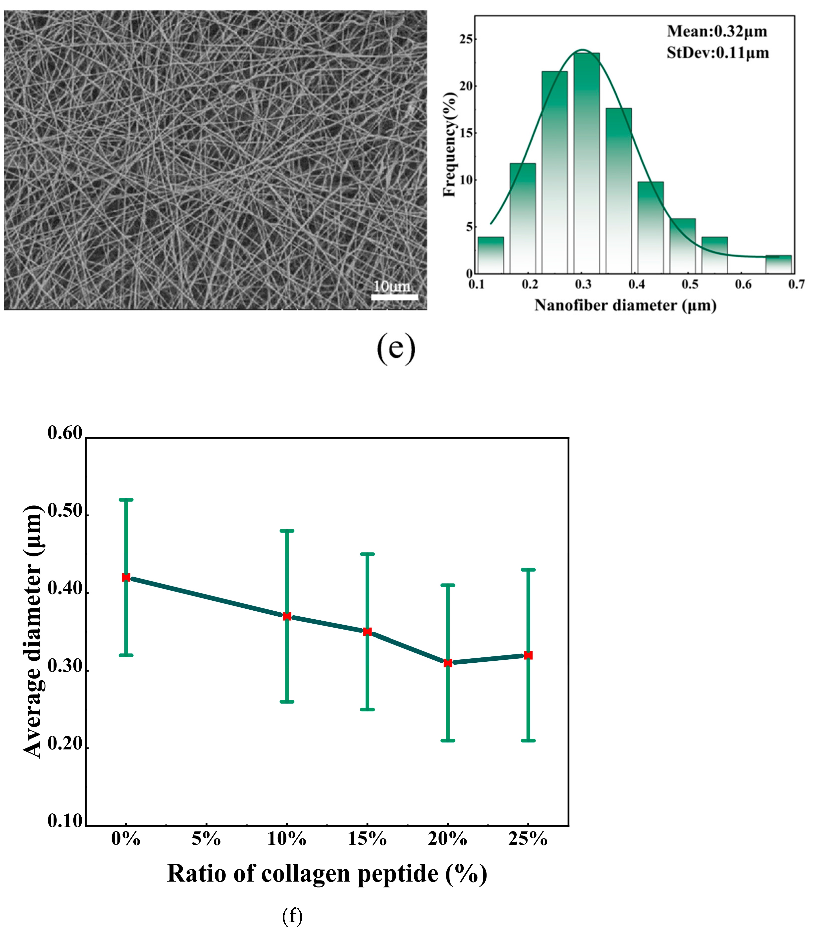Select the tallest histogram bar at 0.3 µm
point(587,163)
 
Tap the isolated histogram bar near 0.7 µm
point(778,264)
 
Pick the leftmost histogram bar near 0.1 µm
point(490,255)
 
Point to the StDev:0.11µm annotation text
point(718,53)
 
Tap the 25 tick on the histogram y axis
point(466,39)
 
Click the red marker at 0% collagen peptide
point(126,578)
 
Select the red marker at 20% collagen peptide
point(448,663)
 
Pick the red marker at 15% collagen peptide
point(368,632)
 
